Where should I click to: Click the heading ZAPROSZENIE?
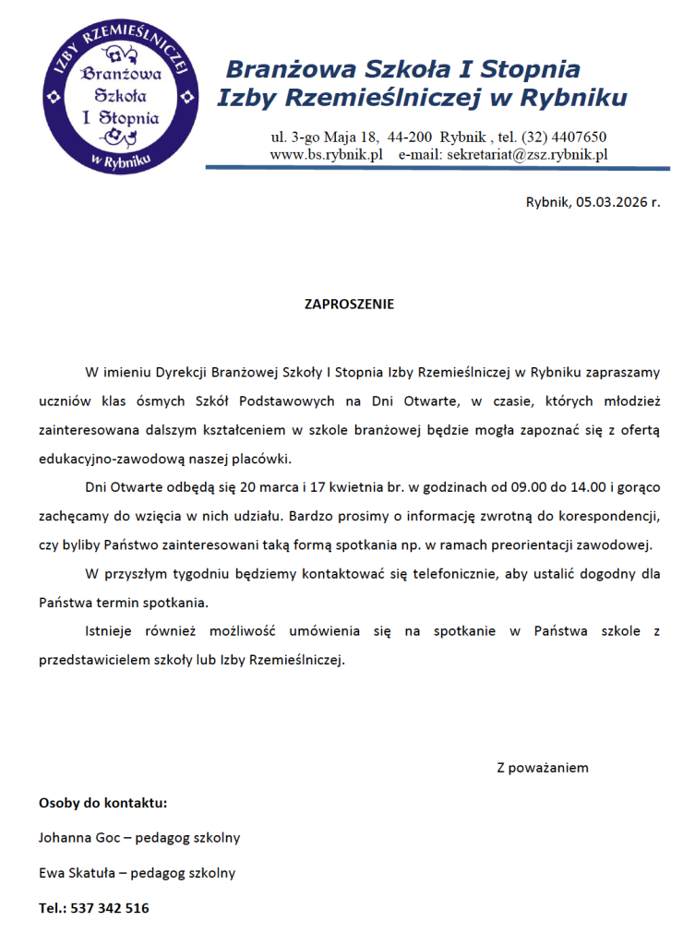(349, 304)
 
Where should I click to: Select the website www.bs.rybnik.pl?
(326, 155)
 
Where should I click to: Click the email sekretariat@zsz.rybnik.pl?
(527, 155)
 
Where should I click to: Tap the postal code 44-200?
(411, 137)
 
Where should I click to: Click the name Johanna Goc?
(78, 838)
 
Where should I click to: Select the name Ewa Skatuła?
(79, 872)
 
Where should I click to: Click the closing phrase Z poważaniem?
(542, 767)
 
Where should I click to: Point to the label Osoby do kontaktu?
(102, 802)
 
